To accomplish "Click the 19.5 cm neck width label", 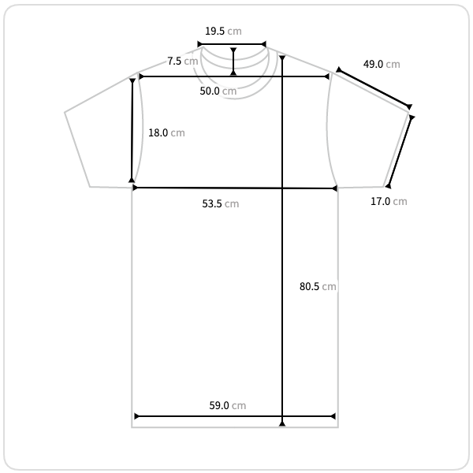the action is click(223, 31).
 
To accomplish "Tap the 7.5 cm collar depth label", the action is click(183, 61).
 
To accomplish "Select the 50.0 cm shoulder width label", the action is click(218, 91).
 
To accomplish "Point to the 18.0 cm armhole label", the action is click(166, 132).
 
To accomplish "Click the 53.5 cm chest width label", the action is click(221, 203).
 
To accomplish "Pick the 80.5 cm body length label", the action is click(318, 286).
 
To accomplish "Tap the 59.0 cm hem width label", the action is click(228, 405).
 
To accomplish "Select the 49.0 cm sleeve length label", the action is click(382, 65).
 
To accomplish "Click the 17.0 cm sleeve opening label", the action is click(389, 201).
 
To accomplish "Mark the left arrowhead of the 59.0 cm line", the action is click(136, 416).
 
